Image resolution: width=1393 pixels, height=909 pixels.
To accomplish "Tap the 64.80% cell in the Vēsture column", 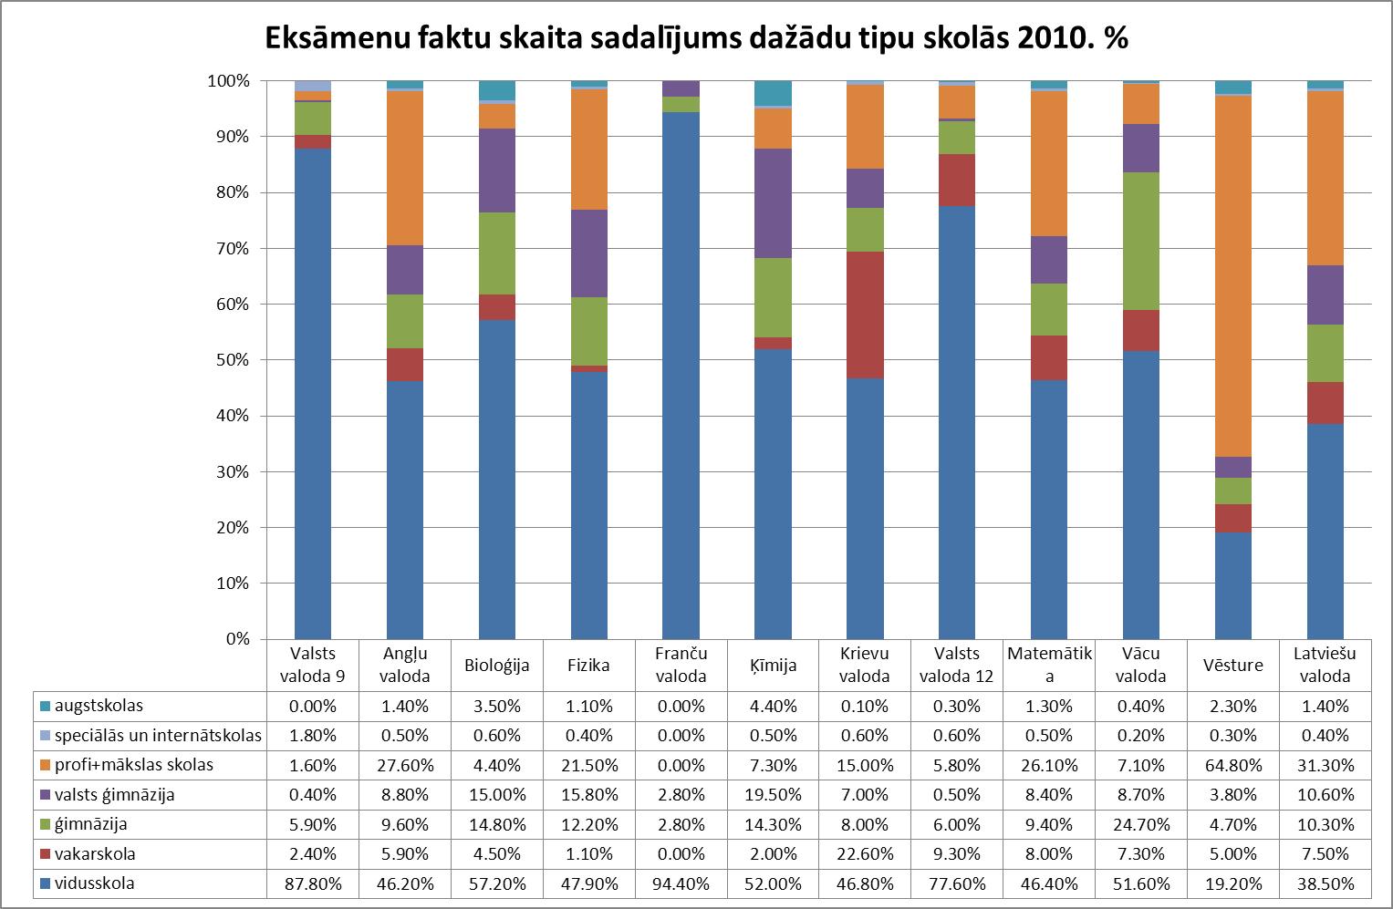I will [1232, 765].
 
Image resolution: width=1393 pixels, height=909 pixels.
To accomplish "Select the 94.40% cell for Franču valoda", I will [681, 883].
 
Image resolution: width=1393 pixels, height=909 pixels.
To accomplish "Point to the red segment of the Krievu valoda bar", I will [865, 315].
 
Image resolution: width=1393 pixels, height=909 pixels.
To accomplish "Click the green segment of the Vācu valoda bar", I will [1140, 242].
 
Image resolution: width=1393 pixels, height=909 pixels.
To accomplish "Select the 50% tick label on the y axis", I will [233, 360].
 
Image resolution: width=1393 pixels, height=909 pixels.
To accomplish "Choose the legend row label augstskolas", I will [99, 706].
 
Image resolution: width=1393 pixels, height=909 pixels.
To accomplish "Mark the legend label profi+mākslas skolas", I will [133, 765].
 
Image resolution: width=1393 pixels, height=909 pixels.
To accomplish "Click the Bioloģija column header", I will [496, 665].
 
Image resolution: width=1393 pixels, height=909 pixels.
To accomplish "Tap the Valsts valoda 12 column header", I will [956, 665].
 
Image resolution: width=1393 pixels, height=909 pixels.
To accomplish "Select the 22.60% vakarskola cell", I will [865, 854].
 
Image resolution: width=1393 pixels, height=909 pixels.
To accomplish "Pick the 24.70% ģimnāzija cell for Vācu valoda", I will [1140, 824].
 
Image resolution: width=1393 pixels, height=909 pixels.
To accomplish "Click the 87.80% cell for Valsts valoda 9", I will [312, 883].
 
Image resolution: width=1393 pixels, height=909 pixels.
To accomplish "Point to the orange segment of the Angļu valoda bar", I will [404, 169].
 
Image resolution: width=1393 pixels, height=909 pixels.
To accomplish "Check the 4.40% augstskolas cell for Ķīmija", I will [773, 706].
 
